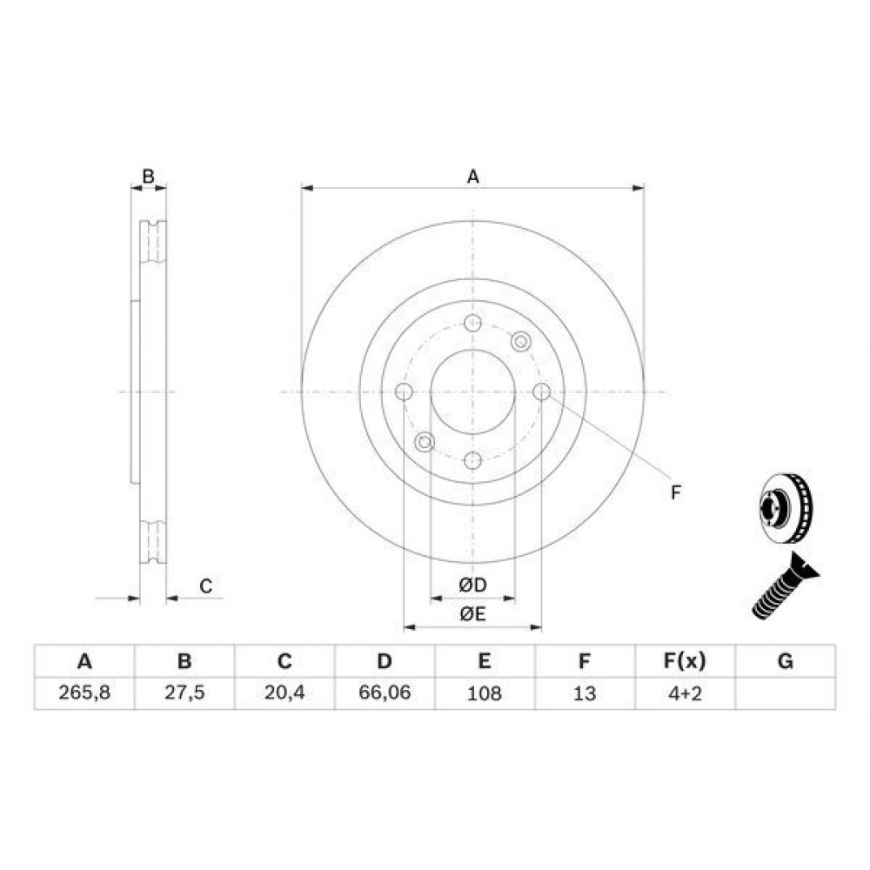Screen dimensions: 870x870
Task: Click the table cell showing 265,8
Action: (84, 693)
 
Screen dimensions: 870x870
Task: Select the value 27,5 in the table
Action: (184, 693)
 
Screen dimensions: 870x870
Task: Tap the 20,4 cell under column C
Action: (284, 693)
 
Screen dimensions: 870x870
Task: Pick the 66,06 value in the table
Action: (385, 693)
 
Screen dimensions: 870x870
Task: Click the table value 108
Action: (485, 693)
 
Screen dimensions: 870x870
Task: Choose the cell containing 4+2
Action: (685, 693)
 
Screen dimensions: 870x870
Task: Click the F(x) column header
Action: (685, 661)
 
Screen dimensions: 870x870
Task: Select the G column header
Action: (785, 661)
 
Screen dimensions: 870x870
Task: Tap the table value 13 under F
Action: (585, 693)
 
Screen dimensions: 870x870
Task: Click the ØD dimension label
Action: (472, 585)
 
